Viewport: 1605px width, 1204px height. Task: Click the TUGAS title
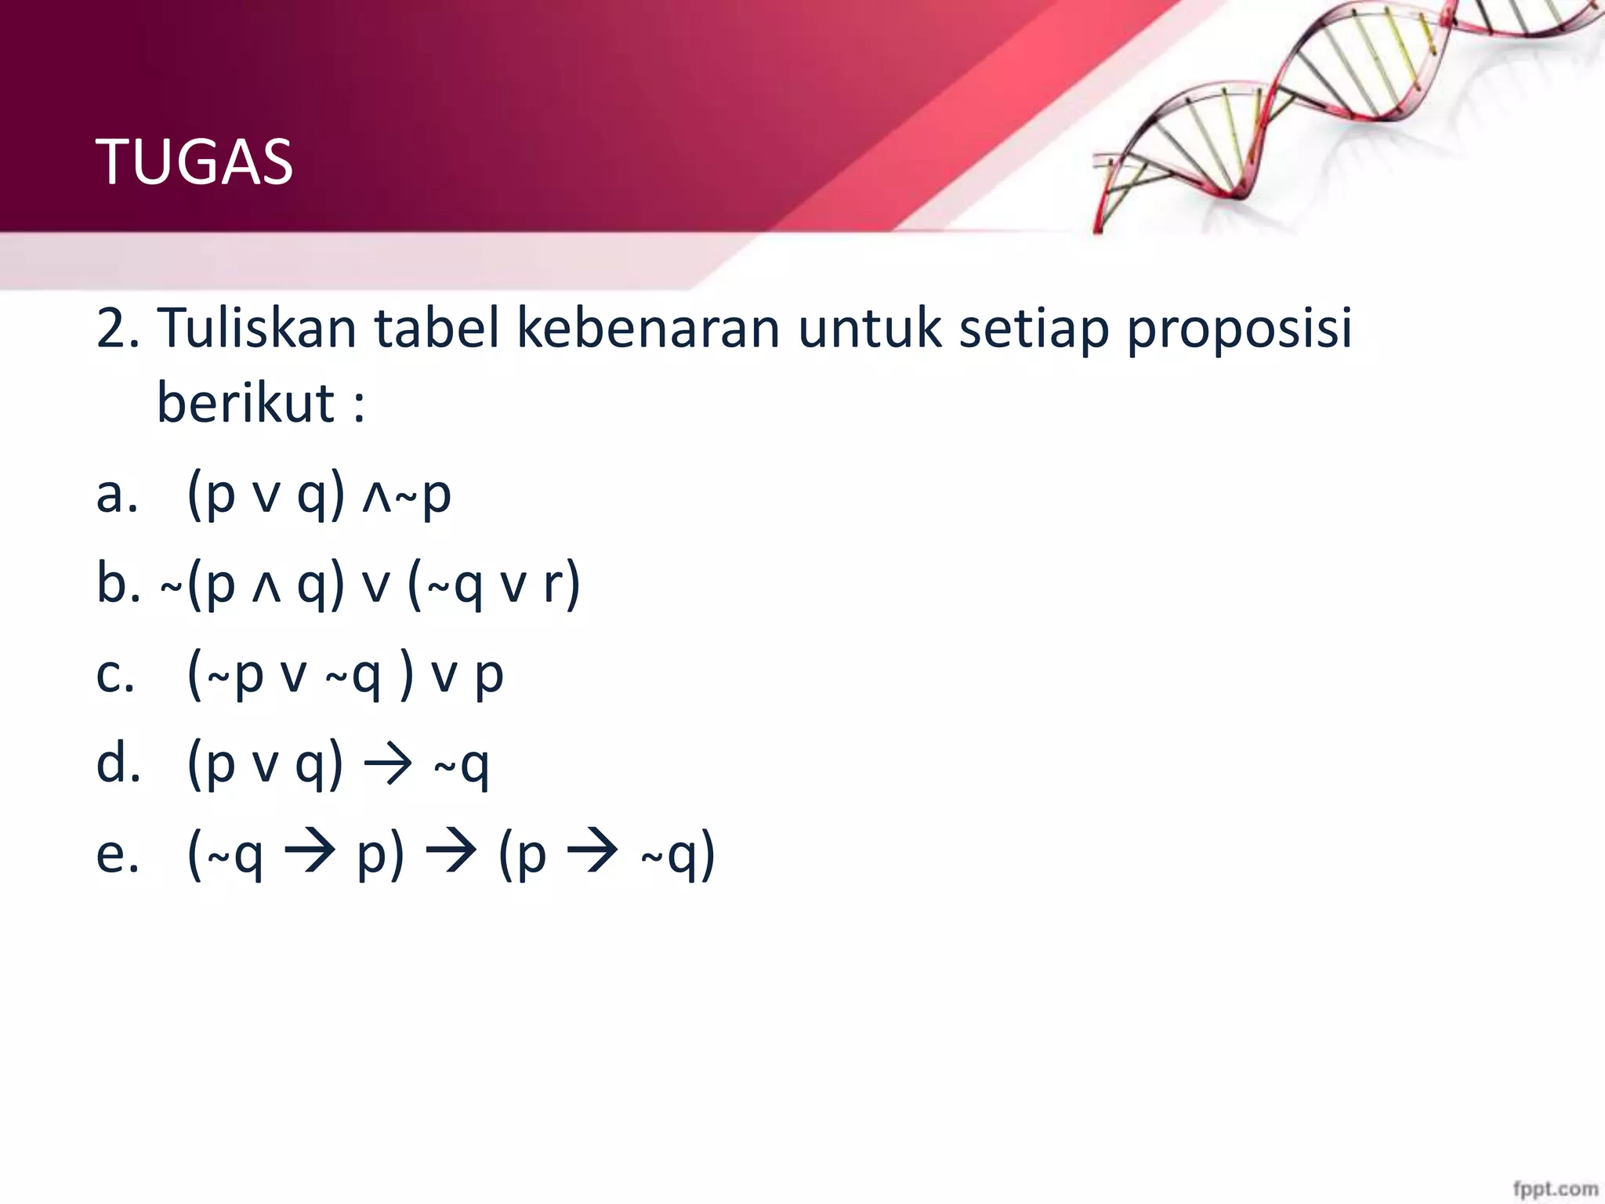click(x=194, y=162)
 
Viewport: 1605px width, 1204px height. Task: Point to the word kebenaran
click(x=647, y=328)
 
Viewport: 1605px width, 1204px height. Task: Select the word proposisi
click(x=1239, y=329)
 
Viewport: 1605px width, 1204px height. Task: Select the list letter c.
click(x=114, y=674)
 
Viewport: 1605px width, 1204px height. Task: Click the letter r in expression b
click(x=553, y=585)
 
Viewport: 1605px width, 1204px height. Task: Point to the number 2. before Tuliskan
click(x=118, y=328)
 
